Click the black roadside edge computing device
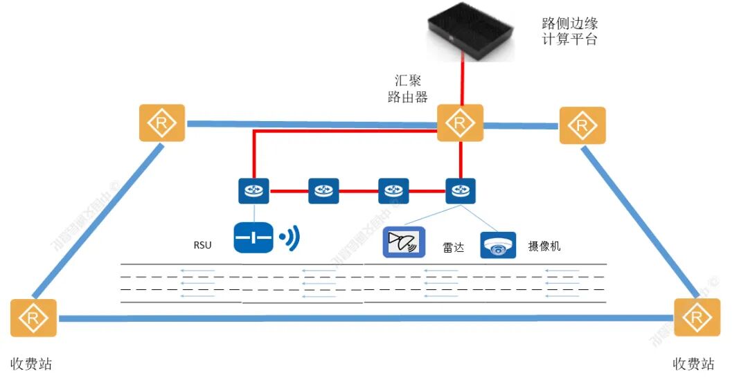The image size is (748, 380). (471, 31)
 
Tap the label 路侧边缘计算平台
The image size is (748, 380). (569, 31)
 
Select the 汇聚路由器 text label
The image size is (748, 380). (408, 89)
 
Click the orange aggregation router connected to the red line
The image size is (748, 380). (459, 123)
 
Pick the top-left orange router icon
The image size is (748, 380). (162, 123)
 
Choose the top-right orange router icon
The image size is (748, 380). (582, 125)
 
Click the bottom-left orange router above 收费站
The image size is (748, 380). (33, 318)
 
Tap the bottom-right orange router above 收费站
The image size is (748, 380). (697, 317)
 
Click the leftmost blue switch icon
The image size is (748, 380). (254, 190)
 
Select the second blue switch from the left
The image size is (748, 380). (323, 190)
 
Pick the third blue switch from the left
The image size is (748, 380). (393, 190)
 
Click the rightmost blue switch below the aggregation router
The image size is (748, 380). (460, 190)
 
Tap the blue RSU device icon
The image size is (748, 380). (253, 237)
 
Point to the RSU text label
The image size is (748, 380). (202, 244)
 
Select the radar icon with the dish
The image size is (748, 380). (404, 243)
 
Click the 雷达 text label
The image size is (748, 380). (454, 246)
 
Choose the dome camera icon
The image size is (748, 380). (498, 244)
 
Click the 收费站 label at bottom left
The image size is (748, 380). (31, 364)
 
